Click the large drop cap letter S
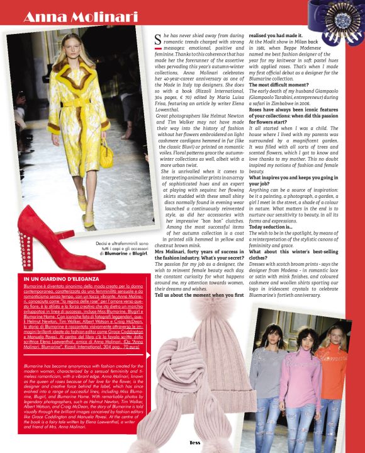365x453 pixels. (158, 41)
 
